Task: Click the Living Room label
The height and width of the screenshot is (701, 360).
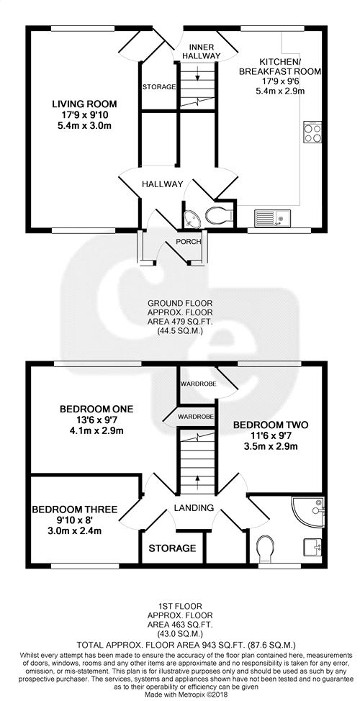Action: [84, 104]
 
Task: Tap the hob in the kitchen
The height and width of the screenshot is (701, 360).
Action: [312, 132]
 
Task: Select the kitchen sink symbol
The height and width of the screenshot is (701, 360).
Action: [272, 218]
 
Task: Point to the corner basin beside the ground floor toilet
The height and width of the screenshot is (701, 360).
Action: [193, 219]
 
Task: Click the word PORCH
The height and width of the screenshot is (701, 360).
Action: [188, 242]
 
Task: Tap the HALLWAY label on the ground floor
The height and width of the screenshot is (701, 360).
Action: [162, 184]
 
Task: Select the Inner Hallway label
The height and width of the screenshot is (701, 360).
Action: [204, 51]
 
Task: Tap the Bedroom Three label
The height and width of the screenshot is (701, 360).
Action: [75, 510]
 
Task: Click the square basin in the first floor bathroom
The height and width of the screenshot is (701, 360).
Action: [312, 547]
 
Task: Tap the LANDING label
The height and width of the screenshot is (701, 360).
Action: [194, 508]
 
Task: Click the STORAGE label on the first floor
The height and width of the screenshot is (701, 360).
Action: [172, 548]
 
